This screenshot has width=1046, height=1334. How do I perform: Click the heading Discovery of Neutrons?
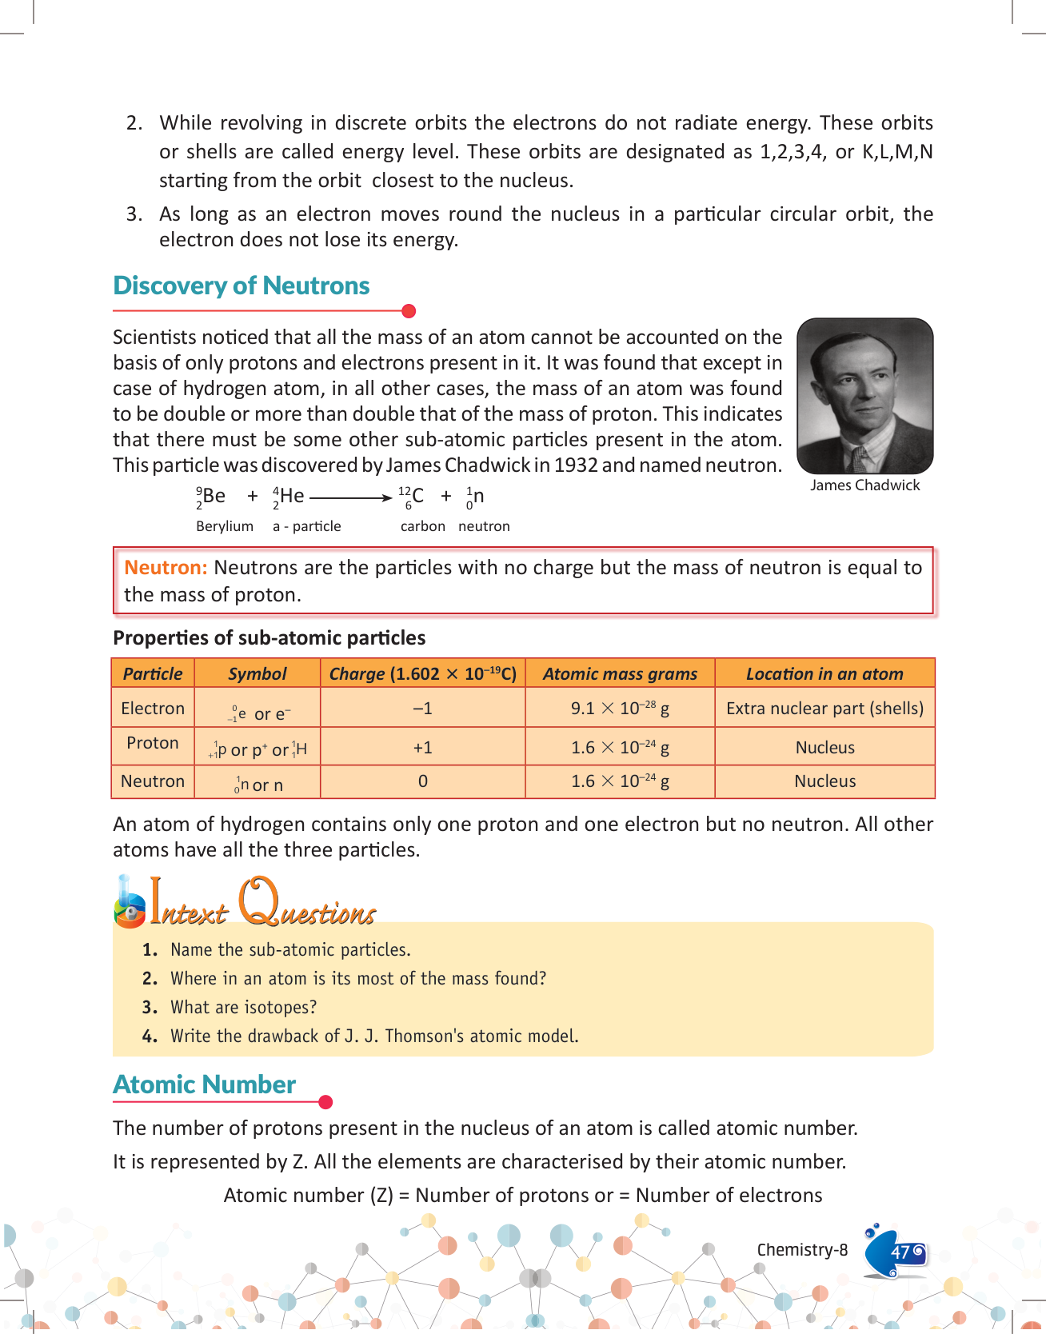point(241,286)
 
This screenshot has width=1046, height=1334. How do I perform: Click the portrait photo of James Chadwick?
point(865,396)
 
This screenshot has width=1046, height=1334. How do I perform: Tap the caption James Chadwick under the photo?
point(864,485)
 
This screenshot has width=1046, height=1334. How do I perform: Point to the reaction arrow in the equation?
point(350,497)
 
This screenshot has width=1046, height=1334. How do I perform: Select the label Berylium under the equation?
point(225,526)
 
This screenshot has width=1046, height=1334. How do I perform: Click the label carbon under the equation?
point(422,526)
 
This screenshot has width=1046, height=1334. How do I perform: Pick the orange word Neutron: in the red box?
point(166,568)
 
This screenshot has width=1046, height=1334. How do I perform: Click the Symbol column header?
point(257,673)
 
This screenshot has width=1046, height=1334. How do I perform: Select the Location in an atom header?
point(824,673)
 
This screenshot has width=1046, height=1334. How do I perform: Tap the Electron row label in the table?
point(153,709)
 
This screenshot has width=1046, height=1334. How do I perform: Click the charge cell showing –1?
point(422,709)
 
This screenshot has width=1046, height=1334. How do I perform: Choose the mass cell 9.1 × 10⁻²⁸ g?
point(620,709)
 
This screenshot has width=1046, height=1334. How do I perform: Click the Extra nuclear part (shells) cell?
point(824,709)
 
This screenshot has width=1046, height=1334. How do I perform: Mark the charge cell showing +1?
point(422,748)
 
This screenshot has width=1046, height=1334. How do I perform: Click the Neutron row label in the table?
point(153,781)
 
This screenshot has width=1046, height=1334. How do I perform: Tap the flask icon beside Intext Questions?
point(129,904)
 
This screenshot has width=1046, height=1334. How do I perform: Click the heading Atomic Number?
point(205,1084)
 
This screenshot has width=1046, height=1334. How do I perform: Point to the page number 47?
point(900,1252)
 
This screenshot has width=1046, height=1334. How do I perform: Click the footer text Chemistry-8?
point(802,1250)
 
